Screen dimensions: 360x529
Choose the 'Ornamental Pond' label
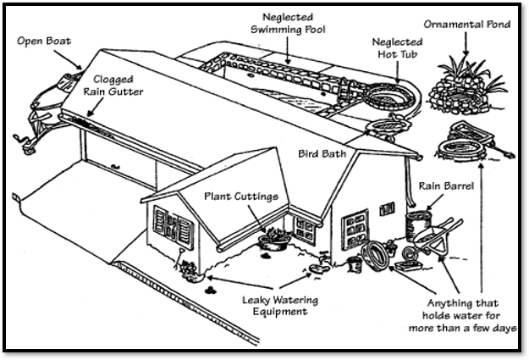(x=468, y=25)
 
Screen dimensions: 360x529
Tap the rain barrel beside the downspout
(x=417, y=226)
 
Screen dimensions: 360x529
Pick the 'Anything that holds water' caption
(x=463, y=315)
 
